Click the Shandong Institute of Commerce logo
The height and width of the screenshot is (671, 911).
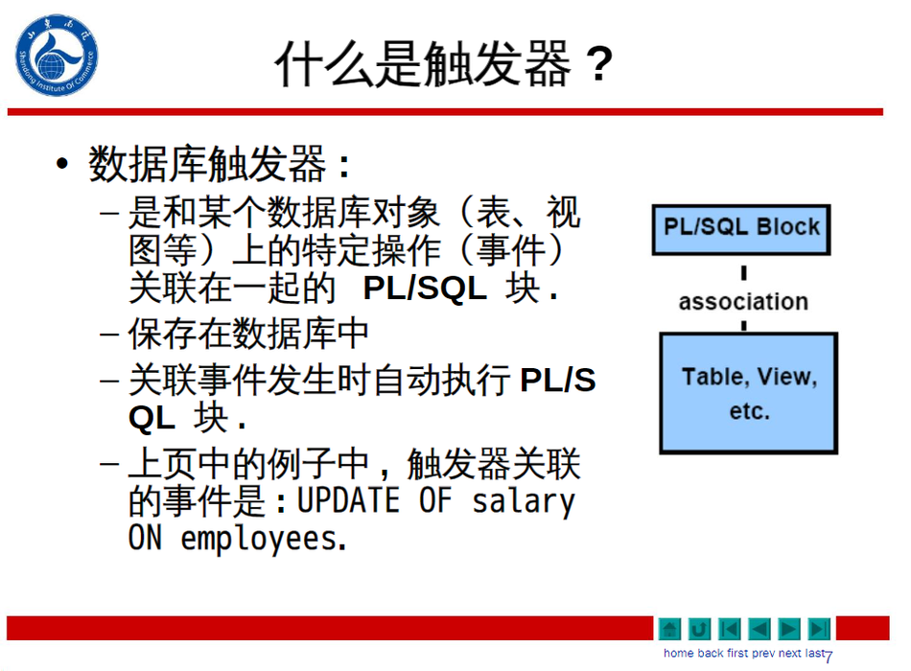point(57,56)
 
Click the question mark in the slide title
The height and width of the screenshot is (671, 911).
point(599,64)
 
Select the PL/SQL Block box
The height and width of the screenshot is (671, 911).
point(741,229)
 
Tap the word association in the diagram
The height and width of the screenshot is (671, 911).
point(743,302)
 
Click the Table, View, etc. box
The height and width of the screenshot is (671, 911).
point(749,393)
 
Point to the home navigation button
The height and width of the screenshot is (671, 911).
point(670,629)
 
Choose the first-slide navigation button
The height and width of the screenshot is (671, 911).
point(730,629)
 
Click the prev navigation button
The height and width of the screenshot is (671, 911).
point(759,629)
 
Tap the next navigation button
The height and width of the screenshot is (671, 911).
point(789,629)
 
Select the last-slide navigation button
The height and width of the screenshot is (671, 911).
point(819,629)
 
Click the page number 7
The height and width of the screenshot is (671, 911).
point(829,657)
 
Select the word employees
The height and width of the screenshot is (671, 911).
point(264,540)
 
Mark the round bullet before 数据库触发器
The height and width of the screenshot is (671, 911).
point(62,163)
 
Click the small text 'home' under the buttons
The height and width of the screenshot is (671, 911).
point(679,654)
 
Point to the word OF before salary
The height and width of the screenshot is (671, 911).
point(435,500)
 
